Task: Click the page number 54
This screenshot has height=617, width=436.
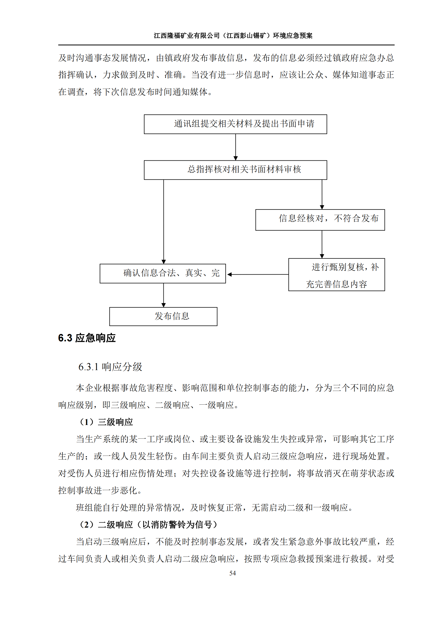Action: (x=232, y=573)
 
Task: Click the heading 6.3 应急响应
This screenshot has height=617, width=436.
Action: (x=87, y=338)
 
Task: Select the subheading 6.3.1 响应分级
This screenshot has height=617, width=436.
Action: (x=110, y=367)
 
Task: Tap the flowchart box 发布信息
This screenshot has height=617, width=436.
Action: (x=163, y=316)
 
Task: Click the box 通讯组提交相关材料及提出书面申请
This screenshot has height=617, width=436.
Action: (x=235, y=124)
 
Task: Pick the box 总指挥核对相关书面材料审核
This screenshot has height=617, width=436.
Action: (x=235, y=170)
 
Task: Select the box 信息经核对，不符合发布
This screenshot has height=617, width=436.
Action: (x=320, y=219)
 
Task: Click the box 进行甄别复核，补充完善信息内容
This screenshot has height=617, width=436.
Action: (x=336, y=274)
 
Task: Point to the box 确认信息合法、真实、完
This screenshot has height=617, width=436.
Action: (x=162, y=273)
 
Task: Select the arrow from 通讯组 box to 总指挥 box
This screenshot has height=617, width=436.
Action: (x=235, y=147)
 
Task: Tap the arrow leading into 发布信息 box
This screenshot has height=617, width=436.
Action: (x=163, y=295)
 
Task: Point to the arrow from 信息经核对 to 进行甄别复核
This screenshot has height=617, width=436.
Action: (x=322, y=244)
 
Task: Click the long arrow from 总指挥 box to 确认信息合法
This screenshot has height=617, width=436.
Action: (x=163, y=221)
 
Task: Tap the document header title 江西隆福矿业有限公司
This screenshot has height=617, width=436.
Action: (x=187, y=35)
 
